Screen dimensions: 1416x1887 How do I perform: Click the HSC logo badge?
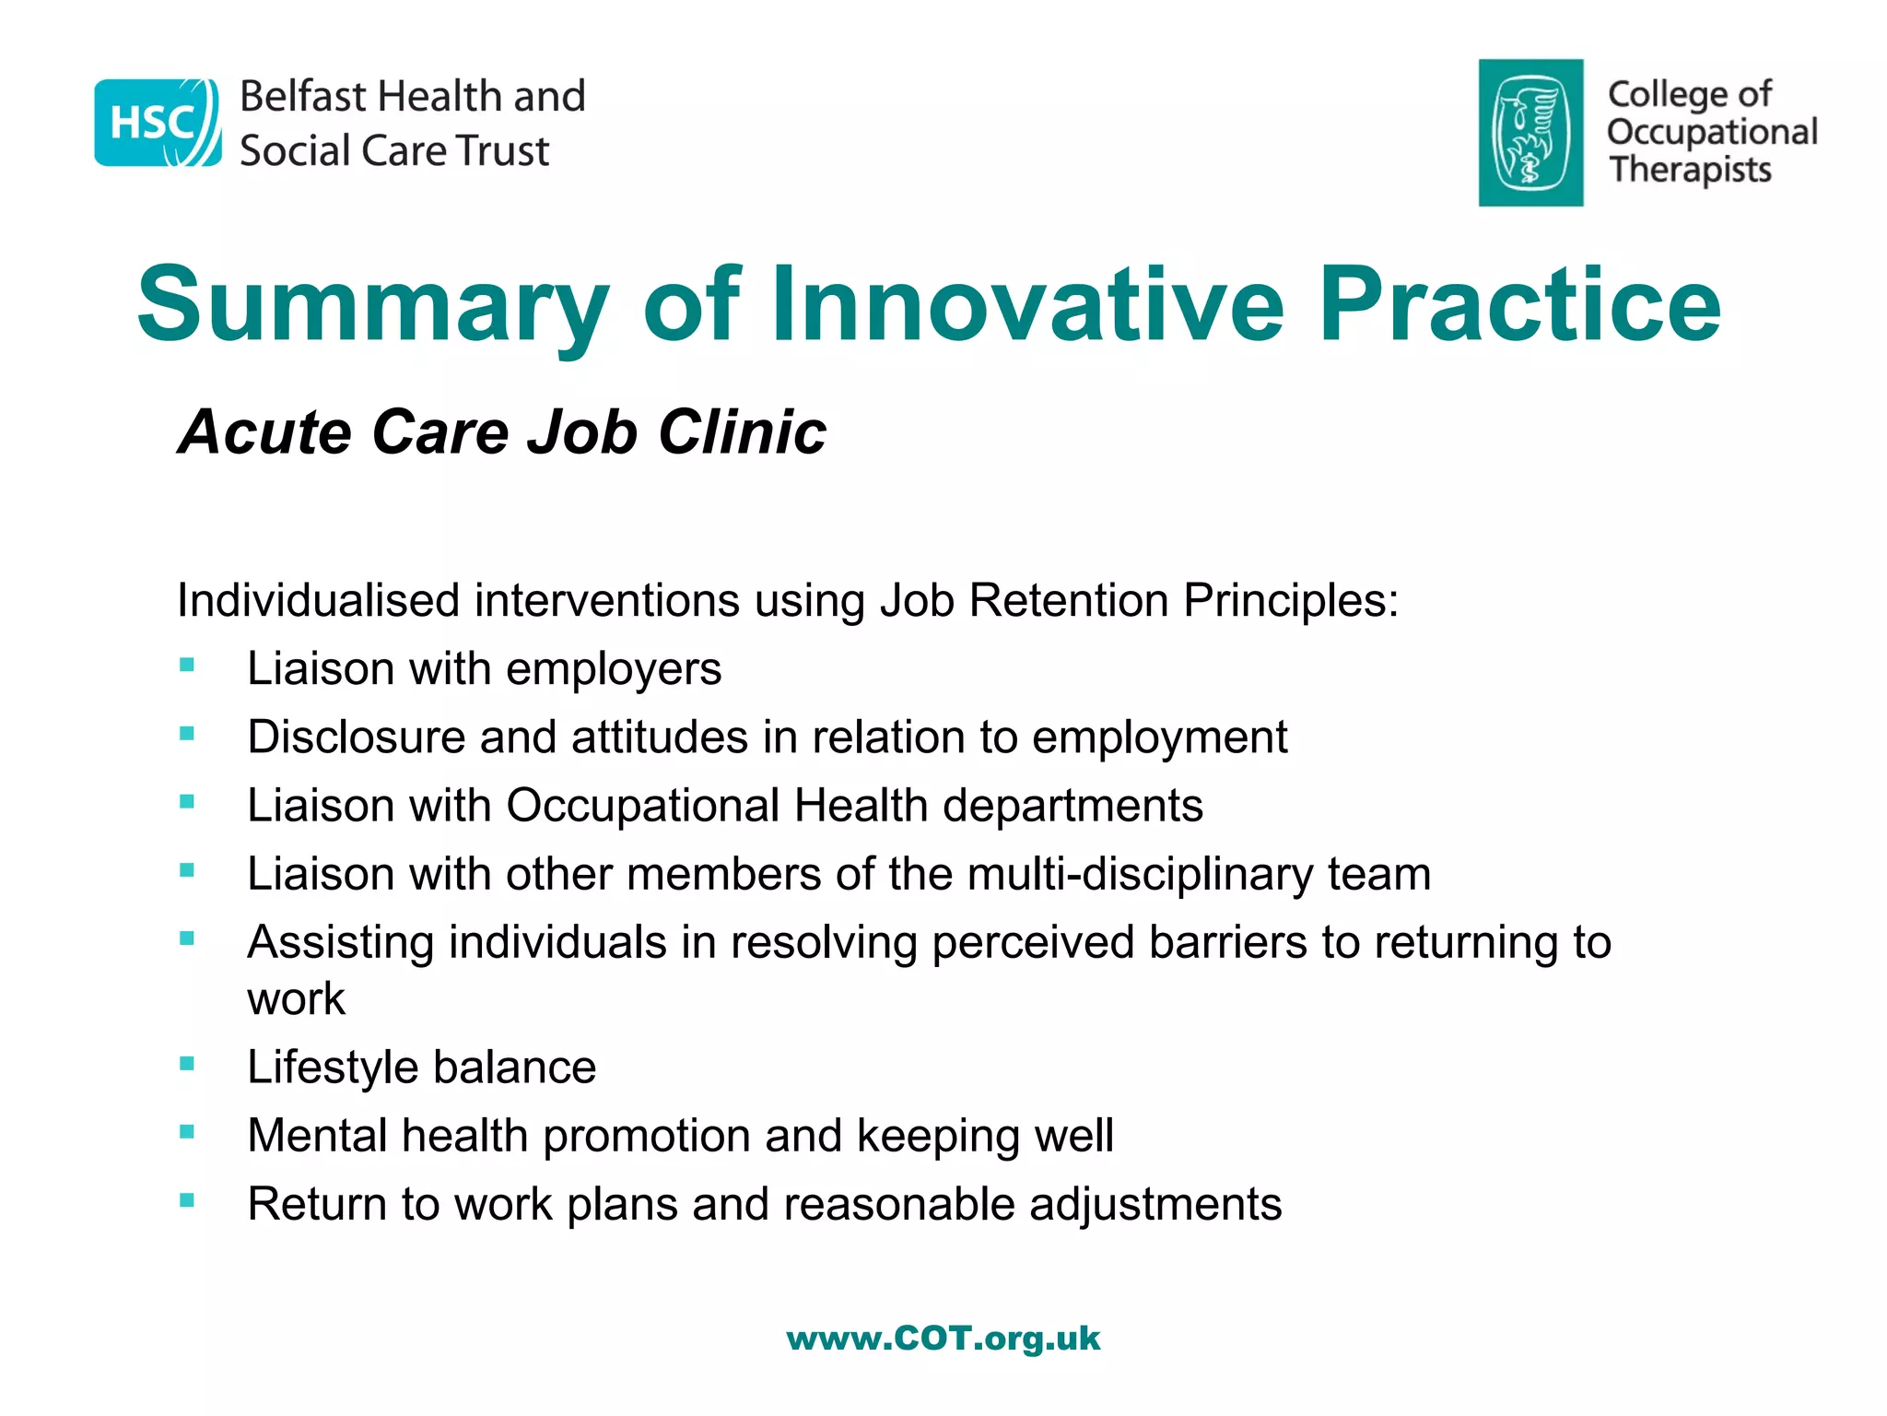158,123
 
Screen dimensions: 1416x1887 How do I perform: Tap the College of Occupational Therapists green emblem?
1530,133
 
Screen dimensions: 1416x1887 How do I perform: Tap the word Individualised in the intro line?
318,600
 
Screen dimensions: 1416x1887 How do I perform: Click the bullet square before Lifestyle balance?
187,1063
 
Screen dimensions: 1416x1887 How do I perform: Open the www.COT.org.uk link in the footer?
943,1338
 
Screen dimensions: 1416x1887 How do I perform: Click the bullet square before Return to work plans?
187,1200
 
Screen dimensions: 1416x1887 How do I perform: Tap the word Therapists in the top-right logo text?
1690,171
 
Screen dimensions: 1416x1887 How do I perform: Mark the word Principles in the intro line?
1291,600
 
